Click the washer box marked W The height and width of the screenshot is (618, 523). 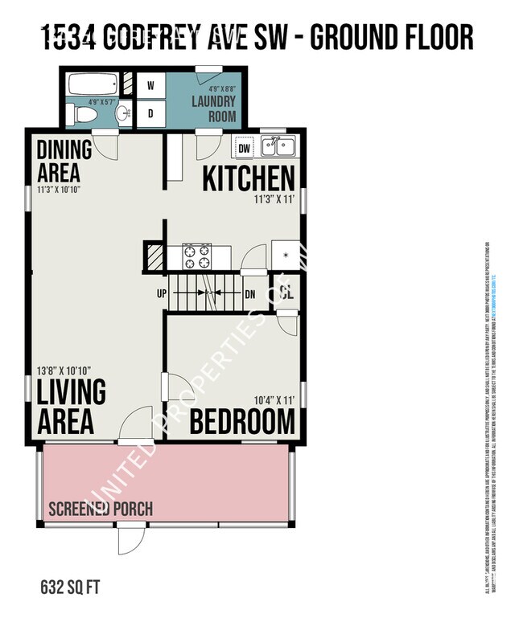coord(150,84)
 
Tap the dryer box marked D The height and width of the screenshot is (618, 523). coord(150,113)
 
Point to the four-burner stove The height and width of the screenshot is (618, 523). coord(196,256)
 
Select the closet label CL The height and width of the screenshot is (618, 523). coord(286,293)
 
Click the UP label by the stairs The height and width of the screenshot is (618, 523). coord(162,294)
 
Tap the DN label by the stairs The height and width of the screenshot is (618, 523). coord(249,294)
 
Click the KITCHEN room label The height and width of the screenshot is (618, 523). coord(248,178)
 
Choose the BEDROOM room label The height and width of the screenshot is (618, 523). coord(242,421)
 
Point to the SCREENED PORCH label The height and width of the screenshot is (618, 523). coord(101,510)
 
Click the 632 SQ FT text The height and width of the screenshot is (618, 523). coord(70,585)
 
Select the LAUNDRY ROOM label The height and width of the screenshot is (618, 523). coord(214,108)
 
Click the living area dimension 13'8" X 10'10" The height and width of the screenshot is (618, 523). coord(64,370)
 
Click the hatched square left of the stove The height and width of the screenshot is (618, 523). coord(154,256)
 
